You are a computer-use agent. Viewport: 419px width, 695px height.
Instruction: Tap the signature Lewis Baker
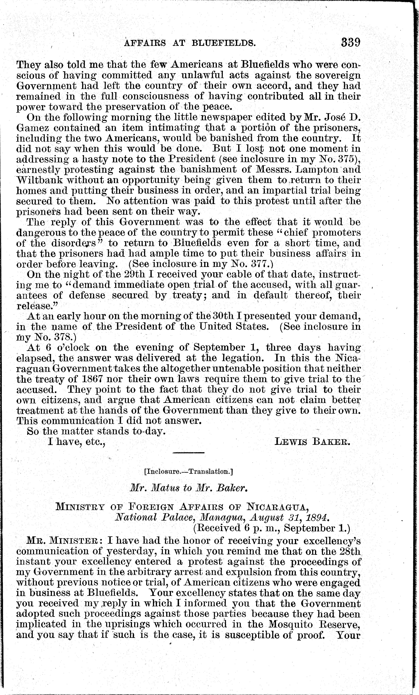click(x=312, y=441)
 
